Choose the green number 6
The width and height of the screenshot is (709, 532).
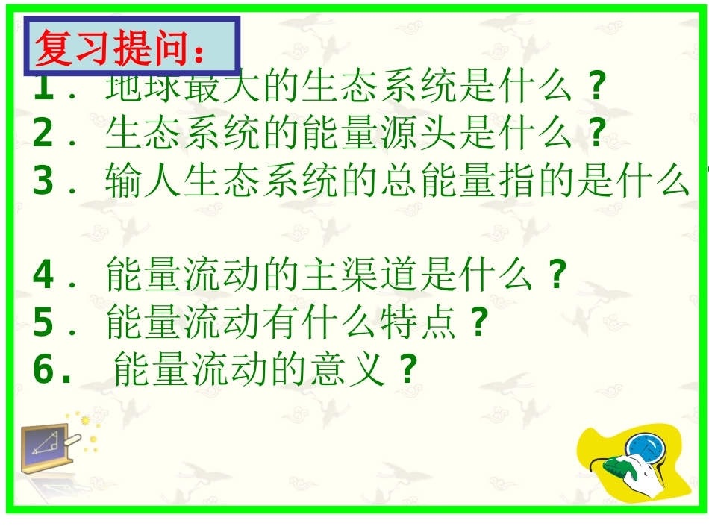coord(43,369)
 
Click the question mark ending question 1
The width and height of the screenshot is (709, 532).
coord(594,90)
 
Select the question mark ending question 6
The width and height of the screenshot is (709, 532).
coord(407,369)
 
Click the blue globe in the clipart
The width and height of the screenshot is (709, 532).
coord(643,448)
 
